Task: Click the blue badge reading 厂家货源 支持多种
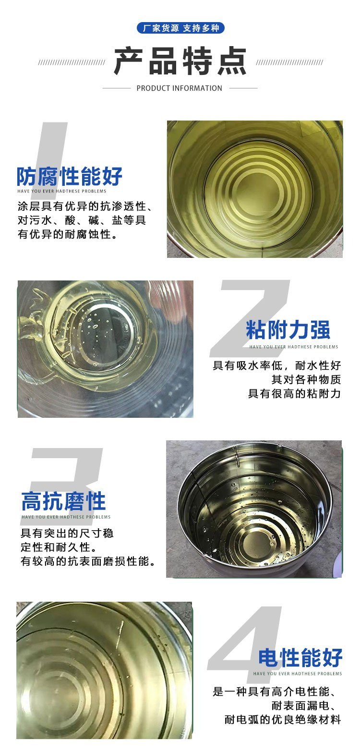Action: pos(180,28)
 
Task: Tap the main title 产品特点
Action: pos(180,61)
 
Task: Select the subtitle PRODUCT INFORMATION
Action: pos(179,88)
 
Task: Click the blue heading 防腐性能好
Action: pos(70,176)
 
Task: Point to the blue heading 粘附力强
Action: pos(288,330)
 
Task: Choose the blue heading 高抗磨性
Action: pos(63,501)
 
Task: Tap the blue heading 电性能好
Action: pos(300,657)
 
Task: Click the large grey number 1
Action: pos(50,151)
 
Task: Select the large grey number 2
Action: pos(250,318)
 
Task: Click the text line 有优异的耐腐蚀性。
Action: pos(68,234)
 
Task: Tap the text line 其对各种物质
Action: pos(306,379)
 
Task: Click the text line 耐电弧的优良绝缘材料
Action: pos(283,720)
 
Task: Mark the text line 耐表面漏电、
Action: pos(306,705)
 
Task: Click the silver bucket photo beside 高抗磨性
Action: pos(254,509)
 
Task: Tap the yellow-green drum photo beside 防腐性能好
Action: pos(255,189)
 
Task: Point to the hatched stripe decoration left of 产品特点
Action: pos(72,62)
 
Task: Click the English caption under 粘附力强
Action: pos(294,347)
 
